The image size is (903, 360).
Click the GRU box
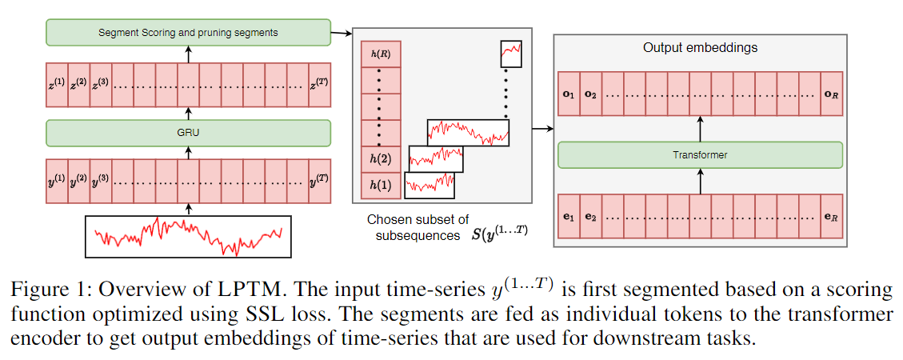pos(188,133)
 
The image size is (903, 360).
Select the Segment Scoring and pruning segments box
pos(188,33)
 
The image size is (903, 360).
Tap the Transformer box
pos(700,155)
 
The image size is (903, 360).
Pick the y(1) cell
pos(58,182)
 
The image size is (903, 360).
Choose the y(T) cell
pos(319,182)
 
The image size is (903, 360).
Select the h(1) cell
pos(381,186)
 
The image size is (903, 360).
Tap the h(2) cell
pos(381,159)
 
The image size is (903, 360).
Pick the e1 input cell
pos(569,217)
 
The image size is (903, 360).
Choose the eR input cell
pos(832,217)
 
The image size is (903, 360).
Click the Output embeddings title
pos(700,48)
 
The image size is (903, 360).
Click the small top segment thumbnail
pos(511,54)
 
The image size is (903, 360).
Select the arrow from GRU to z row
pos(189,111)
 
